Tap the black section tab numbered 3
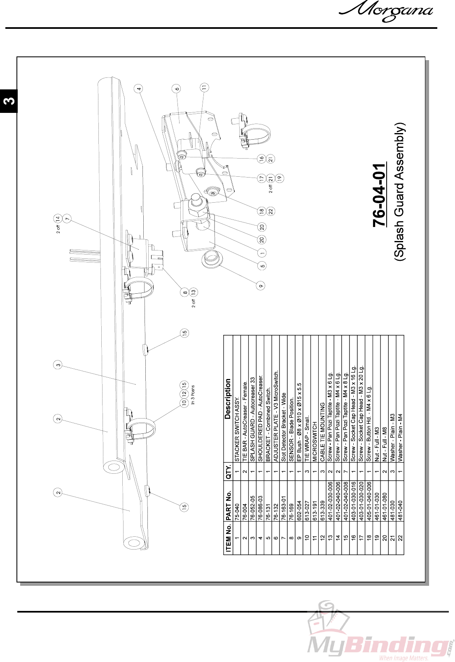click(9, 101)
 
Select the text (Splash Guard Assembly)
click(399, 192)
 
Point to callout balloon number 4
click(139, 89)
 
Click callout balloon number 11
click(204, 87)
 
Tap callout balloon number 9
click(261, 285)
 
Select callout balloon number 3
click(58, 365)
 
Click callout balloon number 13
click(193, 292)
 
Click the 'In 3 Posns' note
click(193, 395)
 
